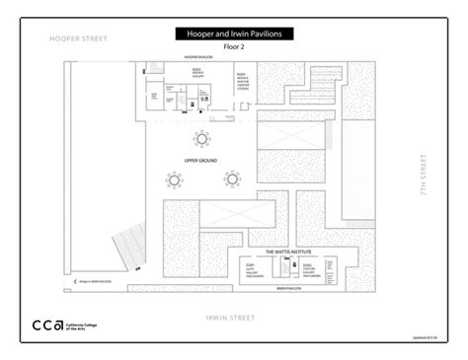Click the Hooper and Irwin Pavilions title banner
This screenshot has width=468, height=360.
[234, 34]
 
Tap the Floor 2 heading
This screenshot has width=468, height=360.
[233, 46]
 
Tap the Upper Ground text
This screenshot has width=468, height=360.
[200, 160]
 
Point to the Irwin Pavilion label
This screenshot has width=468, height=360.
[288, 289]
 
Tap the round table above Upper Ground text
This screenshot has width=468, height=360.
[201, 137]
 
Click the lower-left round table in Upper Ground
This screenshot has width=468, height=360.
[176, 180]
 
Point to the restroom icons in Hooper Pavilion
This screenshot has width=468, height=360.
[204, 96]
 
